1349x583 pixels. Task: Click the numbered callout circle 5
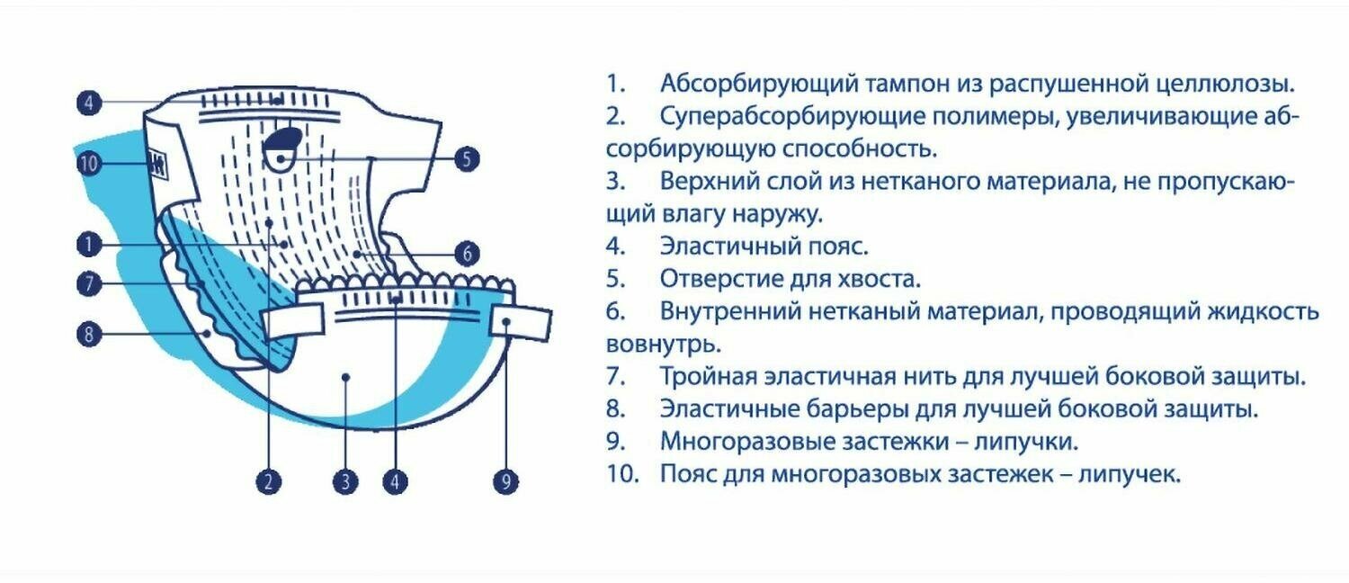(465, 160)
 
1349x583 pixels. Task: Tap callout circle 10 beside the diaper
(88, 164)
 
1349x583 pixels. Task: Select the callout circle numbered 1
(88, 243)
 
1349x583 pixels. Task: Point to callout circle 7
(88, 284)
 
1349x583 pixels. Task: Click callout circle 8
(88, 335)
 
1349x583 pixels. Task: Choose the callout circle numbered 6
(465, 254)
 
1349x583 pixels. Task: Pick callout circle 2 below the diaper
(269, 482)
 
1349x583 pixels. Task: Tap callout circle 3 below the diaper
(345, 482)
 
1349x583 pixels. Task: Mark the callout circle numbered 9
(506, 482)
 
